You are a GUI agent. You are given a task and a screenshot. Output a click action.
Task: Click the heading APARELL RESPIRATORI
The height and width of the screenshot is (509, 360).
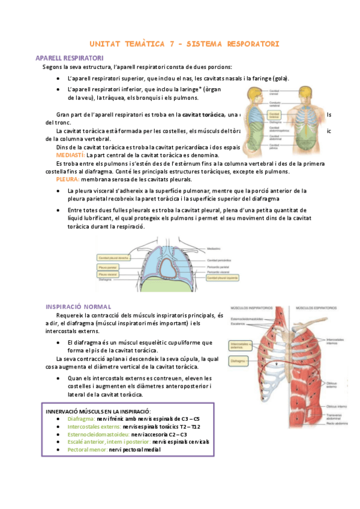pyautogui.click(x=70, y=58)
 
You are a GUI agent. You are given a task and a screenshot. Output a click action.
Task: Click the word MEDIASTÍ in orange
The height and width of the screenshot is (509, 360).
pyautogui.click(x=71, y=155)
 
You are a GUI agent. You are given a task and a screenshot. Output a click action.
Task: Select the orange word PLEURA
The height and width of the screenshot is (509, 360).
pyautogui.click(x=68, y=179)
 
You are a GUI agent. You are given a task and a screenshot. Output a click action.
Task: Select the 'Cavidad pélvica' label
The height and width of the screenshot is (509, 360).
pyautogui.click(x=277, y=145)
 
